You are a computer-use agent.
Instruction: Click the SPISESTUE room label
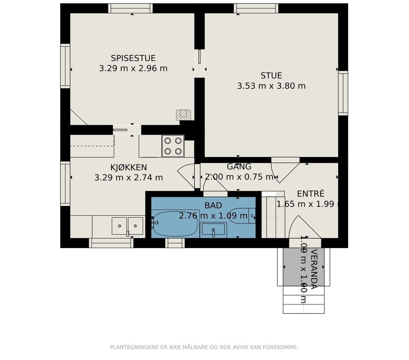tap(133, 58)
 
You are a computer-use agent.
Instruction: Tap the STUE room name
tap(271, 76)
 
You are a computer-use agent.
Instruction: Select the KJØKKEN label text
tap(129, 167)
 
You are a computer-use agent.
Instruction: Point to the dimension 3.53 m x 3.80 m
tap(271, 86)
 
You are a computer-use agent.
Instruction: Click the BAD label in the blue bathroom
tap(213, 205)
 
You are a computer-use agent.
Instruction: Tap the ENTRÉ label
tap(311, 194)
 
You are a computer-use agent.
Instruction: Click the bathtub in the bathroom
tap(175, 224)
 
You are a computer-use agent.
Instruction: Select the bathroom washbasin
tap(213, 230)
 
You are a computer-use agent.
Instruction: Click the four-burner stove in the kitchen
tap(173, 146)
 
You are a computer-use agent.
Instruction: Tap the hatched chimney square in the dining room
tap(183, 115)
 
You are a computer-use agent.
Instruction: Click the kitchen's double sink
tap(127, 226)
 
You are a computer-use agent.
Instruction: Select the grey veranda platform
tap(304, 267)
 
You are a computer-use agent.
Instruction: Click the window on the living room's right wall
tap(343, 93)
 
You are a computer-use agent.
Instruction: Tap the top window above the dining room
tap(130, 8)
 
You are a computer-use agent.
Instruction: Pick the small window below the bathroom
tap(175, 243)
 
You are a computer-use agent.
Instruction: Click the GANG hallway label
tap(239, 166)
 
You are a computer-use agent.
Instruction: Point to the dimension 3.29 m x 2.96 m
tap(133, 69)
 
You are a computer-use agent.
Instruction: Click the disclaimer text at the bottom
tap(204, 347)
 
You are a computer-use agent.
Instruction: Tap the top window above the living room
tap(256, 8)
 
